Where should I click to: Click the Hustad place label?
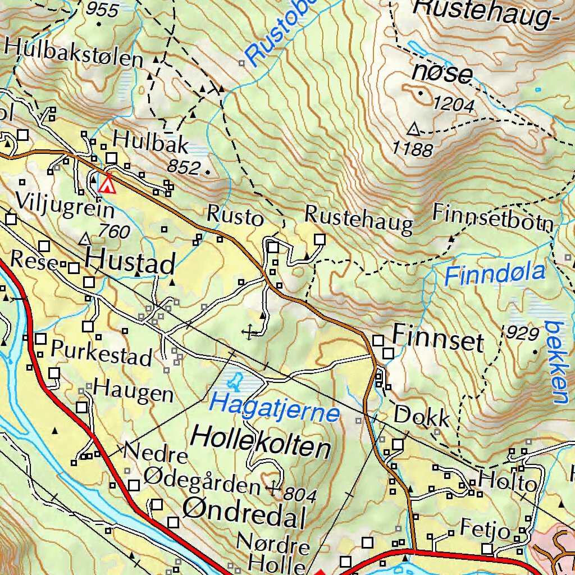point(130,262)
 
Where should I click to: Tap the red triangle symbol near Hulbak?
point(107,185)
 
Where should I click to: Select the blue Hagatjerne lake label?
point(275,408)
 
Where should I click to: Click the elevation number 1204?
point(454,104)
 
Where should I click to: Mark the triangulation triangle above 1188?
point(414,130)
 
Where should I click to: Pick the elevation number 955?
point(103,10)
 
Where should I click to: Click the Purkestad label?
point(102,353)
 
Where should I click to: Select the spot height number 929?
point(522,334)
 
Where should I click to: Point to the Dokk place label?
point(422,417)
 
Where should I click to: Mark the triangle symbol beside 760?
point(85,240)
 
